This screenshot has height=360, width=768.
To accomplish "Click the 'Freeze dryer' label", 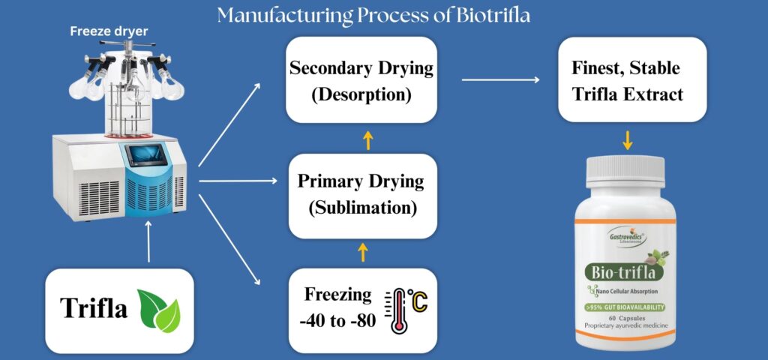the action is pos(109,31).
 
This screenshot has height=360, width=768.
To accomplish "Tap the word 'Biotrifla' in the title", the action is pos(493,16).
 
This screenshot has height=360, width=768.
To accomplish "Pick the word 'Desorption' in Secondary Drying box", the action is pos(361,94).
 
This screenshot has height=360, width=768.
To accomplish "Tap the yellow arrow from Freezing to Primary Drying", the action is pos(362,252).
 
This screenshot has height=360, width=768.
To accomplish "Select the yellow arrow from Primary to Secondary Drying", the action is pos(367,140).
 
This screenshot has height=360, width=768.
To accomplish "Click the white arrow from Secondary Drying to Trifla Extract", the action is pos(500,79).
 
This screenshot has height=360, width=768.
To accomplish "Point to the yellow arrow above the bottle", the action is pos(628,140).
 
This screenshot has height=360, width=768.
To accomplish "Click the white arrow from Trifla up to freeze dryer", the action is pos(149,241).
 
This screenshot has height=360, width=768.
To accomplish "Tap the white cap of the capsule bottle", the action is pos(625,172).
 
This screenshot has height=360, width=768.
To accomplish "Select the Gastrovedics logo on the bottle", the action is pos(626,237).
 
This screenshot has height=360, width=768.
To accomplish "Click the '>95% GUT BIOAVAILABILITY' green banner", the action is pos(625,307).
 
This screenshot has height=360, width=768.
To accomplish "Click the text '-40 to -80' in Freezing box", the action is pos(338,321).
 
